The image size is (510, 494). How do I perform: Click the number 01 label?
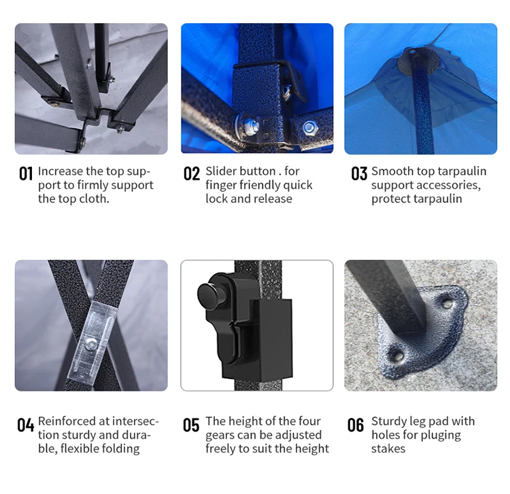point(26,174)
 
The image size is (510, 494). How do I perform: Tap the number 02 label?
point(192,174)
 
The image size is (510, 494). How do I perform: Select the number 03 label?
point(359,174)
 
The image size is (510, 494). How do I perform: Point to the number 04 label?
point(26,425)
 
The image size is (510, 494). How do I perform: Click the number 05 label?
point(191,425)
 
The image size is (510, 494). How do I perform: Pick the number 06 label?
point(356,425)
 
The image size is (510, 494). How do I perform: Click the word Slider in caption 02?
point(224,171)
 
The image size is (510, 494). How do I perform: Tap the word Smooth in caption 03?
point(392,171)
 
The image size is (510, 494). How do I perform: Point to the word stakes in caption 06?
point(388,449)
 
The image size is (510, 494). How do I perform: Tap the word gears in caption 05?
point(221,435)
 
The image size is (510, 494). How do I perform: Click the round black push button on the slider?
point(209,295)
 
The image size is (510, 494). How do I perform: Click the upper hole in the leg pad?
point(447,304)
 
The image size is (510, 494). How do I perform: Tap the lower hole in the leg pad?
point(398,357)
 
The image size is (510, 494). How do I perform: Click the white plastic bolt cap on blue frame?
point(250,125)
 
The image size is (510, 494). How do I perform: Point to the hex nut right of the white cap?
point(308,128)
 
